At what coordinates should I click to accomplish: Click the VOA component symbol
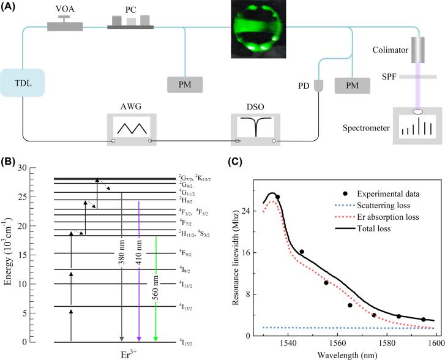pos(64,24)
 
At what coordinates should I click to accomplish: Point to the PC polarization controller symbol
pos(130,22)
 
